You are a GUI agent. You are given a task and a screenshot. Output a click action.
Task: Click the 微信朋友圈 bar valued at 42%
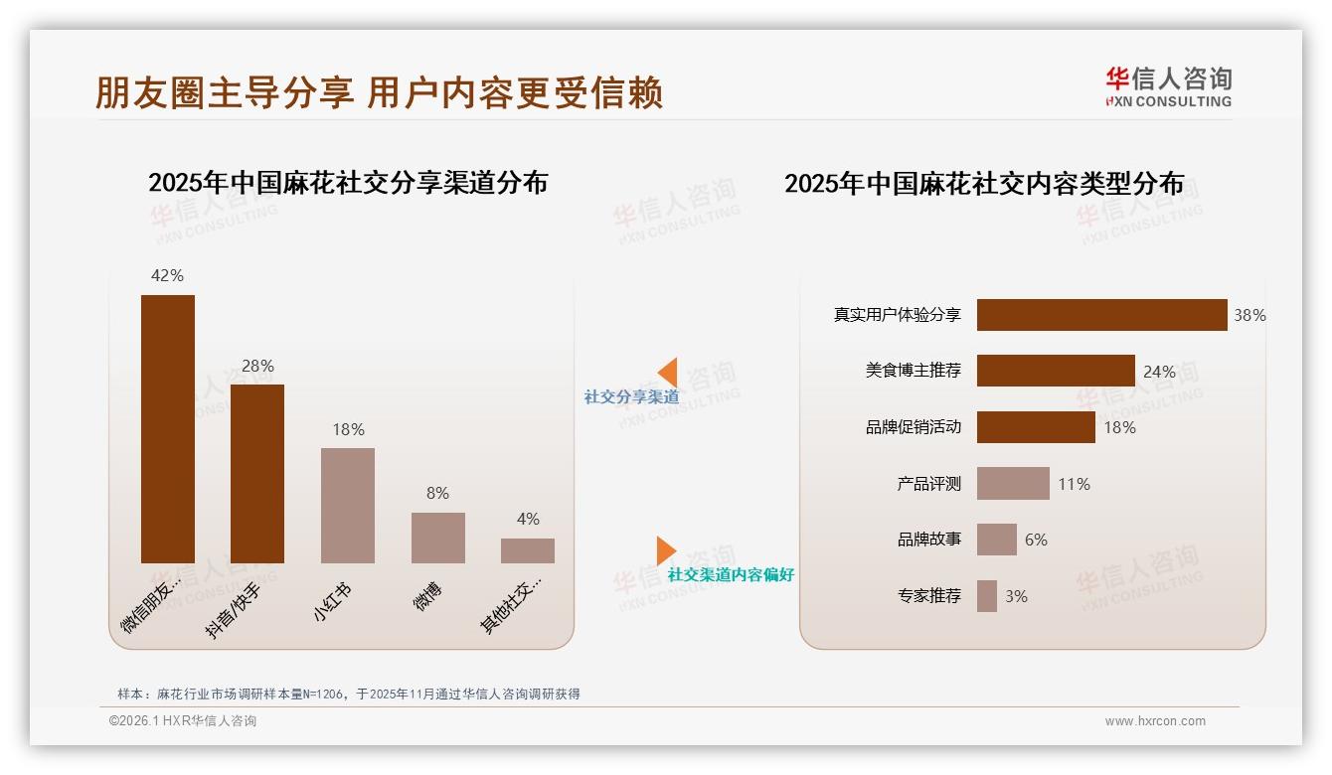(168, 428)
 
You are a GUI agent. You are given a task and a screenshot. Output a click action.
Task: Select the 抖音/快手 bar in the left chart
(257, 473)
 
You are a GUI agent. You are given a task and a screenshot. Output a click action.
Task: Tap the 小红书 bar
(348, 505)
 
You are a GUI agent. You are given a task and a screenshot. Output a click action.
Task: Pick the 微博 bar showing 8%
(438, 538)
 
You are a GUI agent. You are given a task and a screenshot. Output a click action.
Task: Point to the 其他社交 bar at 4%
(528, 550)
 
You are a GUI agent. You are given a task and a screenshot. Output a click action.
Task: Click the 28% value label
(257, 366)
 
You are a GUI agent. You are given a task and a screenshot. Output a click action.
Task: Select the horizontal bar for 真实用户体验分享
(1101, 315)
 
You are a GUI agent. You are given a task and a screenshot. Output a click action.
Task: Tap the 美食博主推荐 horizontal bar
(1056, 371)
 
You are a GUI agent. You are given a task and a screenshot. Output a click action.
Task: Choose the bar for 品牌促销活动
(1036, 427)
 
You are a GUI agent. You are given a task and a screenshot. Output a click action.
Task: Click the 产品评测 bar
(1013, 484)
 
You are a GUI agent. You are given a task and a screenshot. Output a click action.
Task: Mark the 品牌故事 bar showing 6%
(997, 540)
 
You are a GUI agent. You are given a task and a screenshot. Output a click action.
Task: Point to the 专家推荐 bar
(987, 596)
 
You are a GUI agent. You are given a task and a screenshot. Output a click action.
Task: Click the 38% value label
(1249, 315)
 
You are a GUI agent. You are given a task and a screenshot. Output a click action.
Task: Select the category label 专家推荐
(929, 596)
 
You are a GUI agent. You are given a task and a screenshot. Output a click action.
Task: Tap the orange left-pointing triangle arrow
(668, 373)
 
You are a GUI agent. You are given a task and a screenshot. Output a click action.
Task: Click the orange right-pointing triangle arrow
(665, 550)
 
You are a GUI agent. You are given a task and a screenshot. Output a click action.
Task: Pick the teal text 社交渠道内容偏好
(731, 574)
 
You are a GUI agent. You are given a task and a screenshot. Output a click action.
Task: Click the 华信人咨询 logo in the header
(1168, 86)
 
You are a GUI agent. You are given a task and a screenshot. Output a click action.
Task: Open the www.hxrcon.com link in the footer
(1155, 721)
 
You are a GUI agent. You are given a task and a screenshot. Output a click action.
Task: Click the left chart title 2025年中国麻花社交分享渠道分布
(348, 183)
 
